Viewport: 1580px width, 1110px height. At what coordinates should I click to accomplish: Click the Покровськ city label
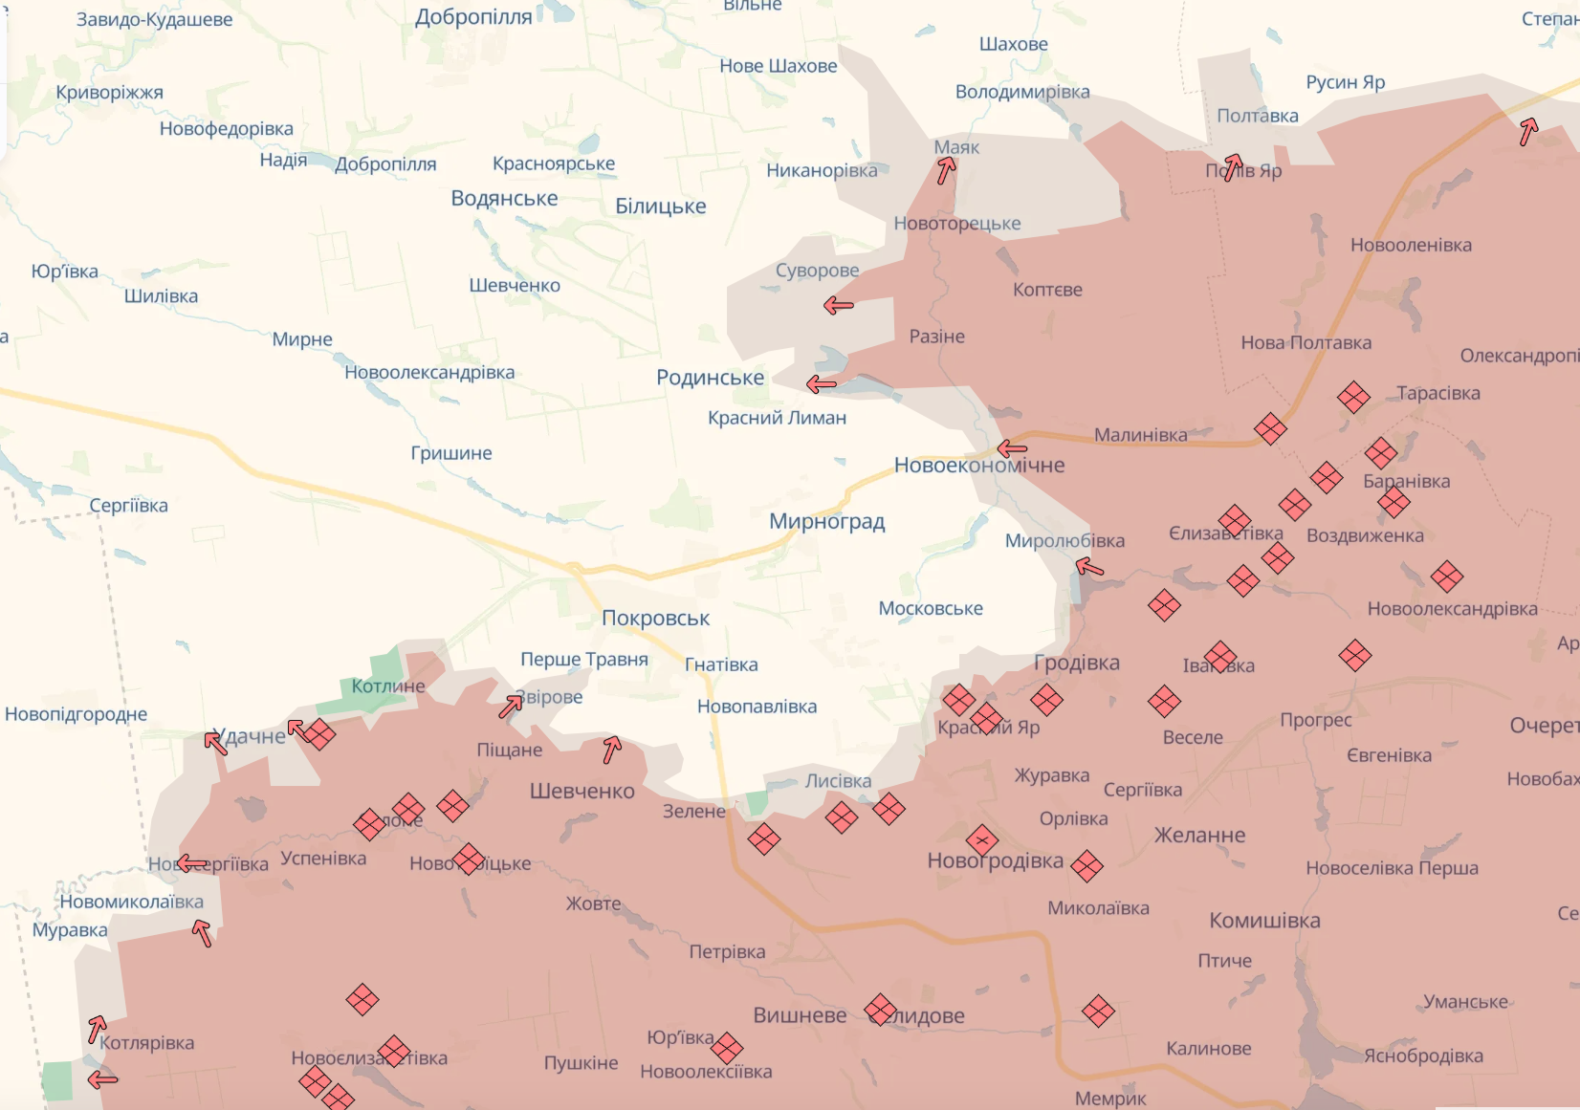pyautogui.click(x=655, y=619)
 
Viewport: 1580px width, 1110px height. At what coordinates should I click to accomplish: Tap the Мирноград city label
pyautogui.click(x=826, y=522)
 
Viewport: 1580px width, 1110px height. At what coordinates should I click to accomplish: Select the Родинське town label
pyautogui.click(x=710, y=378)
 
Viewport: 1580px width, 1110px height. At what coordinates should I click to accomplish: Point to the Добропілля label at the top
pyautogui.click(x=473, y=17)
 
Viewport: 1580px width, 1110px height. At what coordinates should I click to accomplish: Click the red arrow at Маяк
pyautogui.click(x=946, y=170)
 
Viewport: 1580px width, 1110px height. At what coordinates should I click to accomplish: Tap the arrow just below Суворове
pyautogui.click(x=838, y=306)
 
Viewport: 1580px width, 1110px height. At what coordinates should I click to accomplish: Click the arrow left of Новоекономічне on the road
pyautogui.click(x=1011, y=448)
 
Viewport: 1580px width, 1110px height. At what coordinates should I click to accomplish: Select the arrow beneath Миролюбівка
pyautogui.click(x=1089, y=567)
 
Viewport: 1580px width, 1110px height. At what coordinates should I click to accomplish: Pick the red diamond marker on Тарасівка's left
pyautogui.click(x=1353, y=396)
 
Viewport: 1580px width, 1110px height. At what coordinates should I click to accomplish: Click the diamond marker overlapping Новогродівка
pyautogui.click(x=982, y=840)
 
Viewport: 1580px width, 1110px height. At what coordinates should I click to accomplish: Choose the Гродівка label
pyautogui.click(x=1076, y=663)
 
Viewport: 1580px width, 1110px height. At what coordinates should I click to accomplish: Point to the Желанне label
pyautogui.click(x=1199, y=836)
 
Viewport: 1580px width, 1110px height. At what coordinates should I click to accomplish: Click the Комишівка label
pyautogui.click(x=1264, y=921)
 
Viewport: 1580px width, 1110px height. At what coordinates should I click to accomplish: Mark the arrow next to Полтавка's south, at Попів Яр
pyautogui.click(x=1233, y=167)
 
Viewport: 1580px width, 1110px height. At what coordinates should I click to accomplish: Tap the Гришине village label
pyautogui.click(x=450, y=453)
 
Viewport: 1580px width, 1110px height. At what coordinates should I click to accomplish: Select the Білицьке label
pyautogui.click(x=660, y=207)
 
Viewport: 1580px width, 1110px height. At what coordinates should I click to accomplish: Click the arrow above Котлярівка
pyautogui.click(x=97, y=1028)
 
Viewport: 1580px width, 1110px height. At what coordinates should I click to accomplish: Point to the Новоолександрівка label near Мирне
pyautogui.click(x=429, y=373)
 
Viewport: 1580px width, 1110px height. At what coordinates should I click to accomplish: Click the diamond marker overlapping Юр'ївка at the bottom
pyautogui.click(x=727, y=1048)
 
